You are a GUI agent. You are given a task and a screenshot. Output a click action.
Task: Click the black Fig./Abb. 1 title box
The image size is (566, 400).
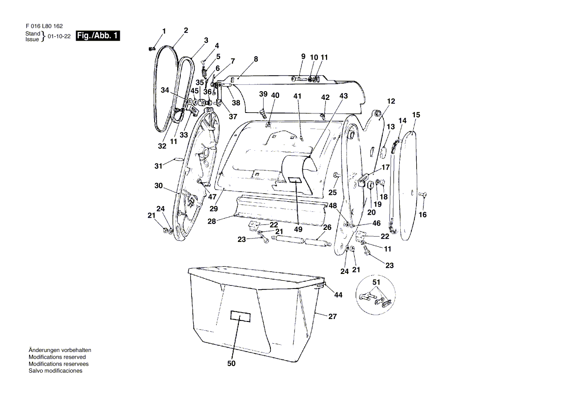97,36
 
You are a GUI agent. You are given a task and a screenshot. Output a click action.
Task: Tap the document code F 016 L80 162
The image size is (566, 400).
44,26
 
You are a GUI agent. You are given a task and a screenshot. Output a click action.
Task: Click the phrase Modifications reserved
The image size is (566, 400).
57,357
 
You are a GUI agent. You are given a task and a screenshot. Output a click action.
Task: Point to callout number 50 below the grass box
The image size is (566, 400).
231,364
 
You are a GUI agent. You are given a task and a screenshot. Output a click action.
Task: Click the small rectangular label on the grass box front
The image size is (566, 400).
240,316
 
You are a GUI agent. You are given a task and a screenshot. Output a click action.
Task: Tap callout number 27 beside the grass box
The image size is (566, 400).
332,317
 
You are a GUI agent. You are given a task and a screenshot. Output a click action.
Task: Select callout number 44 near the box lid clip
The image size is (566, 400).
338,295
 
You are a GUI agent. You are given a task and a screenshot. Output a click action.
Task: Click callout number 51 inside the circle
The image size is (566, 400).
376,282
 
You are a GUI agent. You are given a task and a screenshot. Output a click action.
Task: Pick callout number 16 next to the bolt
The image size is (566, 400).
423,215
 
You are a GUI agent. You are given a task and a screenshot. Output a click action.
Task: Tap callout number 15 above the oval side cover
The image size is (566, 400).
416,115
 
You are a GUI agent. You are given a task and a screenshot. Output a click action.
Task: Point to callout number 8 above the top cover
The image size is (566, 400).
256,59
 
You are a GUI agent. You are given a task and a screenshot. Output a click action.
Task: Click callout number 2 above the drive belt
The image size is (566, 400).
186,31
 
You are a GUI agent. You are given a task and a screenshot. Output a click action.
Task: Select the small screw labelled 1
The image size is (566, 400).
152,48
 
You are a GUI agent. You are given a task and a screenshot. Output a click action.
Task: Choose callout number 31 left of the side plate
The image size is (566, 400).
158,166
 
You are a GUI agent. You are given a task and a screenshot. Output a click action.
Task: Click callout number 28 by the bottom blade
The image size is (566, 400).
212,221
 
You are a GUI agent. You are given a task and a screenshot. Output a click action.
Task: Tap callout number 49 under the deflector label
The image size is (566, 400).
299,229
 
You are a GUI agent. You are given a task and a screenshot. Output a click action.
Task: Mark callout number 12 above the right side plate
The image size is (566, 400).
391,101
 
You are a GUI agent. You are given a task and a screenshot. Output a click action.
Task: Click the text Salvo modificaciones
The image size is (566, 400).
56,371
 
